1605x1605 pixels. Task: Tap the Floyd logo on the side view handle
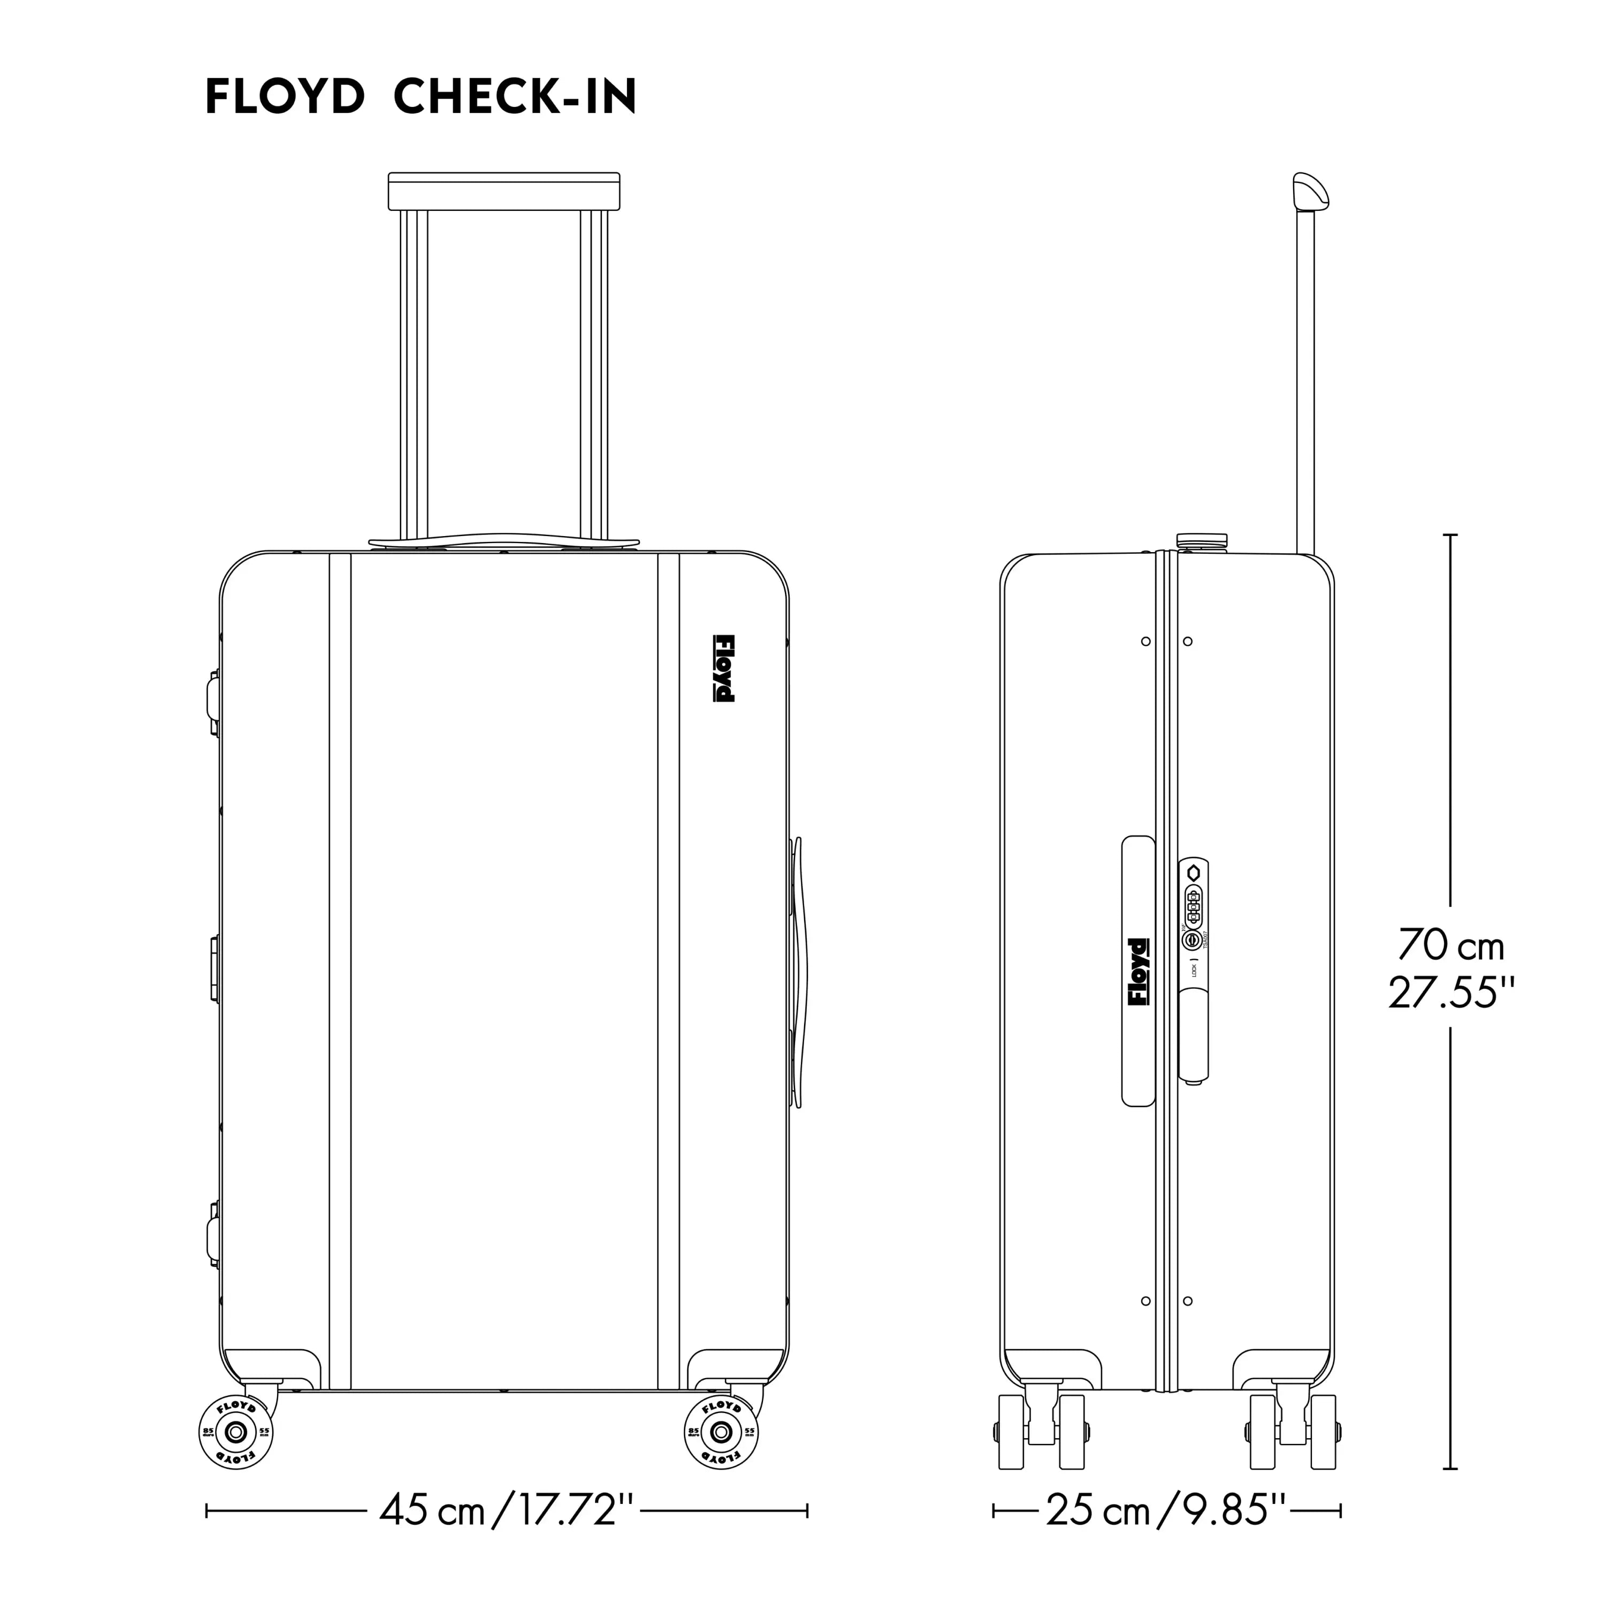pos(1137,972)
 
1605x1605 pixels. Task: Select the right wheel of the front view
pos(722,1432)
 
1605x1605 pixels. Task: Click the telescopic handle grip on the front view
pos(505,191)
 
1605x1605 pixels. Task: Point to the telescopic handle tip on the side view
pos(1310,190)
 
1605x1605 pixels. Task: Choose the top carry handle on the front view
pos(505,541)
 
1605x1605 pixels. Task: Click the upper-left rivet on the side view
pos(1145,641)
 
